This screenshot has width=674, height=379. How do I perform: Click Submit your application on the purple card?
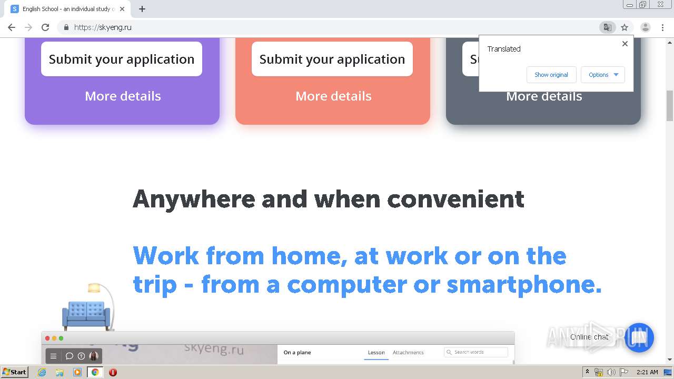click(122, 59)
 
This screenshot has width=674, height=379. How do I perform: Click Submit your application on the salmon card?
click(332, 59)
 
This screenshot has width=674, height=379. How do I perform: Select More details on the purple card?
click(123, 96)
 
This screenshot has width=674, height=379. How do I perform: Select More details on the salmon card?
click(333, 96)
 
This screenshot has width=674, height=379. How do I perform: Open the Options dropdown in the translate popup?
click(603, 75)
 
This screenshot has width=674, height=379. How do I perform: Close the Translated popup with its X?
click(625, 44)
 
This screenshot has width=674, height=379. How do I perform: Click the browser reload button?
click(45, 27)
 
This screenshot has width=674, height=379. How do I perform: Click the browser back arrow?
click(12, 27)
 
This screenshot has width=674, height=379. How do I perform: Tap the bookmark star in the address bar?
click(625, 27)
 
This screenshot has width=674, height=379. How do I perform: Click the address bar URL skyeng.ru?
click(103, 27)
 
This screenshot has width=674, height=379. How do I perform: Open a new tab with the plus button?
click(142, 9)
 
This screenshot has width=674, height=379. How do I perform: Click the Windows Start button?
click(14, 372)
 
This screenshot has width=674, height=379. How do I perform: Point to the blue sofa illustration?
click(86, 314)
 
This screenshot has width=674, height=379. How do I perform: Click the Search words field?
click(476, 352)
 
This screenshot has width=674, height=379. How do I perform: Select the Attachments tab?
click(408, 353)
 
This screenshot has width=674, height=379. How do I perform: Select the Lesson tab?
click(376, 353)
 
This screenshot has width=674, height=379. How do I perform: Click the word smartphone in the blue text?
click(523, 285)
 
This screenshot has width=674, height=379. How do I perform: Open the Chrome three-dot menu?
click(662, 27)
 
